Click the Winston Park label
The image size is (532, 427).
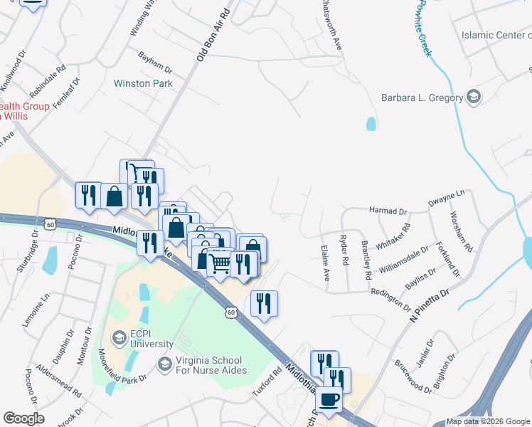pyautogui.click(x=142, y=83)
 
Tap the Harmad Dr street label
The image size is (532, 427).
pyautogui.click(x=388, y=211)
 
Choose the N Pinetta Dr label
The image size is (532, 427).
pyautogui.click(x=430, y=303)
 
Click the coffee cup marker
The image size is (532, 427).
pyautogui.click(x=328, y=399)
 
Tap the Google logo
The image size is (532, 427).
pyautogui.click(x=23, y=418)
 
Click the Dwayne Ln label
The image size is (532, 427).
pyautogui.click(x=446, y=199)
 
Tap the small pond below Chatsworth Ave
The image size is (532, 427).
pyautogui.click(x=371, y=124)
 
